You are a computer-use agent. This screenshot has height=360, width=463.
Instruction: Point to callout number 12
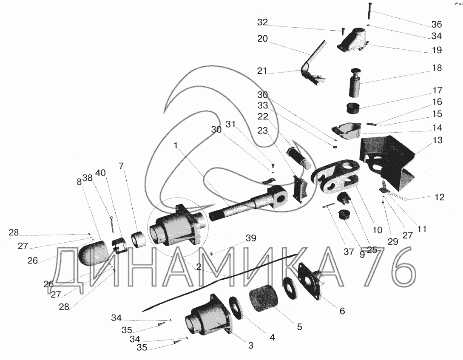440,197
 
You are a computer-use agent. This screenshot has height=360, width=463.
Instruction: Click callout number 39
251,238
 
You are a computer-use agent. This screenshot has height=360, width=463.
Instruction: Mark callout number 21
262,71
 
